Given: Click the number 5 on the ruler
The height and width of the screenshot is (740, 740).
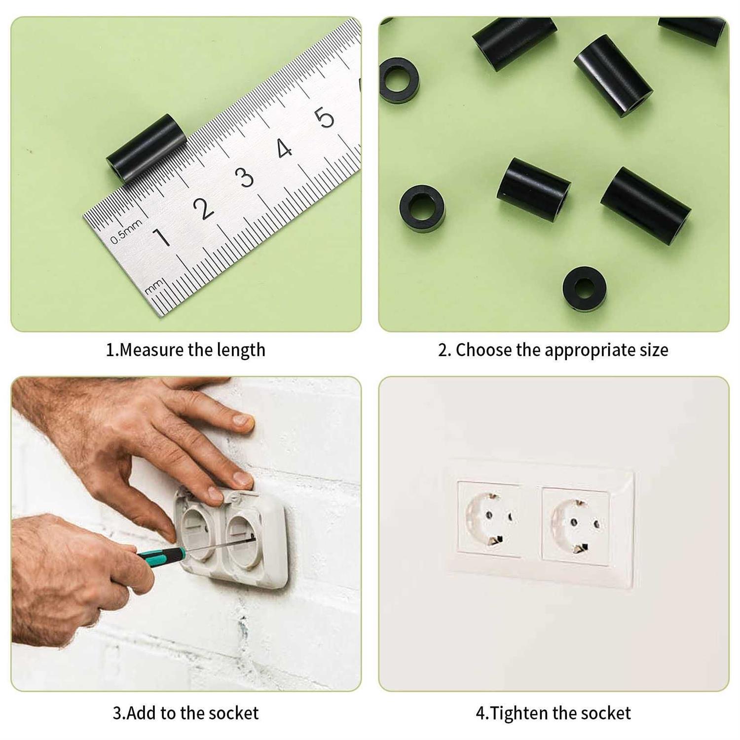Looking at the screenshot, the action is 325,117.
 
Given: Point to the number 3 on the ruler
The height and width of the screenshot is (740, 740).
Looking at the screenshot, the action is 244,177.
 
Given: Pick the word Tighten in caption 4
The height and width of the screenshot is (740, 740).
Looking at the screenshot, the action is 519,714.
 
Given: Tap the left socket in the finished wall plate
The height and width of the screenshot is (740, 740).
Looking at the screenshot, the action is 488,518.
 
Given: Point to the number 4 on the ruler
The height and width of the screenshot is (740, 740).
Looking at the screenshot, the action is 284,148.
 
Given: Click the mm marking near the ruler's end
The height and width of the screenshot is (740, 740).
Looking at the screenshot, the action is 153,286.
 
